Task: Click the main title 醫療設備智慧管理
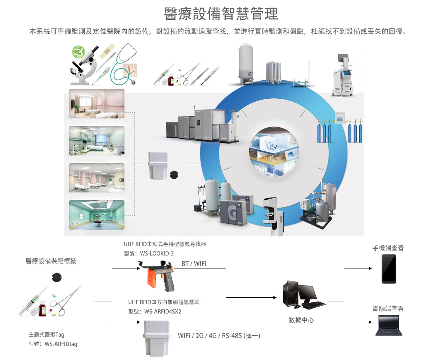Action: coord(221,14)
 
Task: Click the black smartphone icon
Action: coord(389,269)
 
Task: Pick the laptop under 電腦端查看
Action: coord(389,325)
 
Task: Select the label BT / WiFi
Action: coord(194,264)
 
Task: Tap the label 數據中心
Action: coord(301,320)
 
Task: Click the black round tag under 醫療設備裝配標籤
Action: coord(58,278)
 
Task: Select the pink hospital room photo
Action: coord(96,104)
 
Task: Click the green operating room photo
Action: coord(96,215)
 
